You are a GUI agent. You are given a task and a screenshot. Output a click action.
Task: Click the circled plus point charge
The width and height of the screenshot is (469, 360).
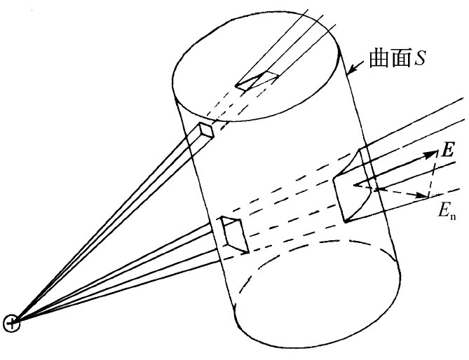12,322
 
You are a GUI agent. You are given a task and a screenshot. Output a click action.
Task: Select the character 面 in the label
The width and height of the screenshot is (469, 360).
397,58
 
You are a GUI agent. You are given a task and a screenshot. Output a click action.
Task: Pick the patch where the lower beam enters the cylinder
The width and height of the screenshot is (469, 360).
232,233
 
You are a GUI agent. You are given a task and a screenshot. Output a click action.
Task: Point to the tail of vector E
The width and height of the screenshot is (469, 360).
355,186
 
